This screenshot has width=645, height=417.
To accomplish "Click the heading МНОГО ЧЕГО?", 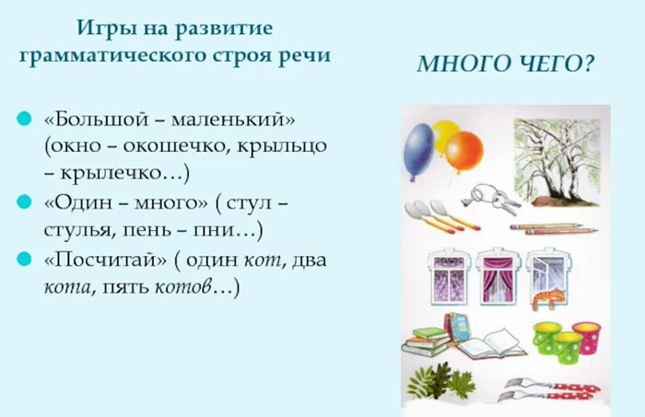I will tap(504, 65).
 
